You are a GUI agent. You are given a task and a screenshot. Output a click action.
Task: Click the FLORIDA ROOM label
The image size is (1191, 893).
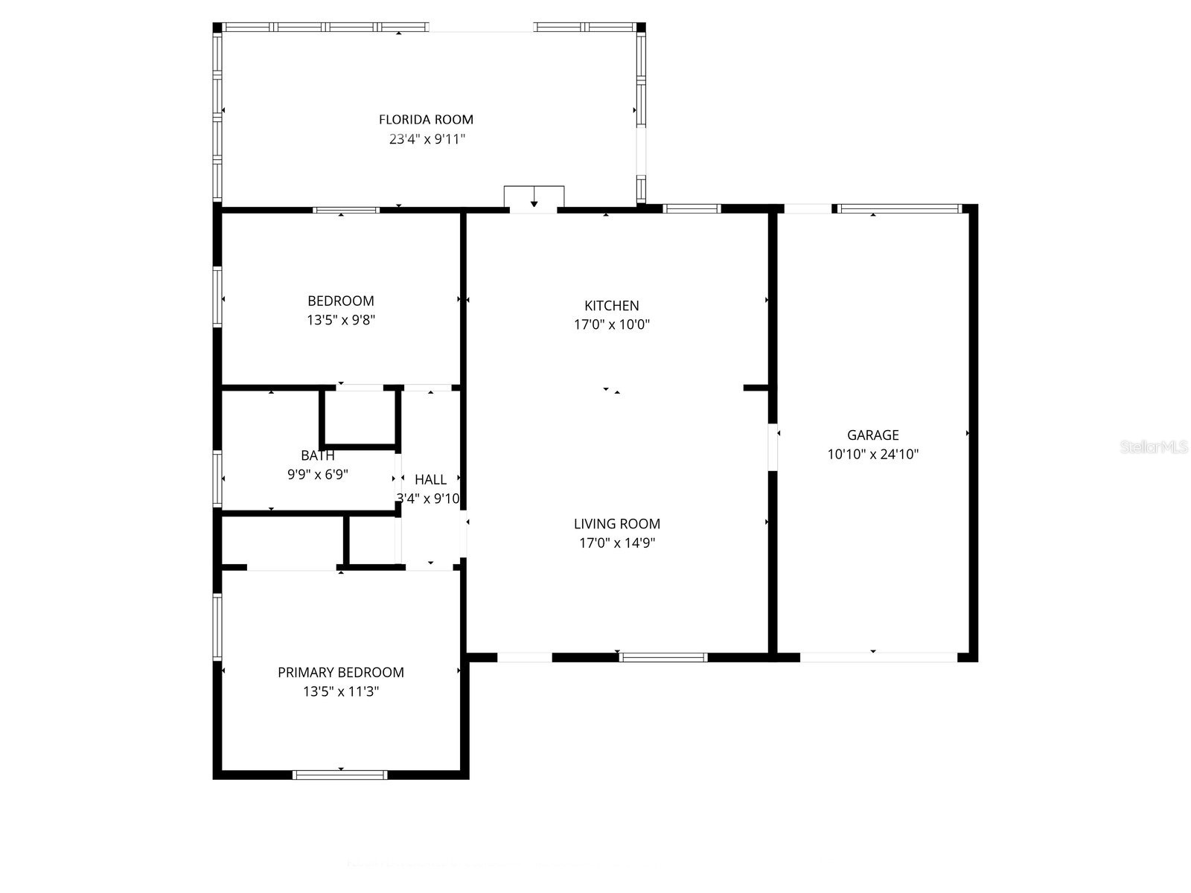426,119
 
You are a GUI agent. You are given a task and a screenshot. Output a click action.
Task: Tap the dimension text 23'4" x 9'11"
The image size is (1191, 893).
427,139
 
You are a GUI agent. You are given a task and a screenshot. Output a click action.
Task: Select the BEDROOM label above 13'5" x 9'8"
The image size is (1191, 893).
341,301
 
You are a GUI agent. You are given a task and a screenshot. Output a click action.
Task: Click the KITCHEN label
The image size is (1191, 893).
611,305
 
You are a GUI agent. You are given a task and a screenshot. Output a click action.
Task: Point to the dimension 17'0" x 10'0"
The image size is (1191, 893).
612,324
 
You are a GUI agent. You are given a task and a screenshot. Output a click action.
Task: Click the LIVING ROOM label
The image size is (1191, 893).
617,524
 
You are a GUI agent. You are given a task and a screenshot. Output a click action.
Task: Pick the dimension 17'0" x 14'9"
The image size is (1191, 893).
617,543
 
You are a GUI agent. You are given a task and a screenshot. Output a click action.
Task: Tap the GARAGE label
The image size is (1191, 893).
872,435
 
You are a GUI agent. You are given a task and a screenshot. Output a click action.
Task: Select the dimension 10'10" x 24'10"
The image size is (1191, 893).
872,454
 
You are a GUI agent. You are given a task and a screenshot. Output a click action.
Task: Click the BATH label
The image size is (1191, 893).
318,455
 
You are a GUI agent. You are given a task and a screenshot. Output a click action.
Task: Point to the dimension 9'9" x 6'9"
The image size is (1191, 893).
318,474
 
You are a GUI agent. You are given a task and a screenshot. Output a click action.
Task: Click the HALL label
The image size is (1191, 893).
431,480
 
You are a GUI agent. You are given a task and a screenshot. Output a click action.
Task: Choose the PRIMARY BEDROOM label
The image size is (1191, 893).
341,672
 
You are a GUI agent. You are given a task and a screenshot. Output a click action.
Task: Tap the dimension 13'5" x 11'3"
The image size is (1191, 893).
341,691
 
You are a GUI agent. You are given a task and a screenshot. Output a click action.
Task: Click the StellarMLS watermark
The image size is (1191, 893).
1155,447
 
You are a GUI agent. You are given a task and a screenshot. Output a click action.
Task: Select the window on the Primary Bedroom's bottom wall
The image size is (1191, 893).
340,775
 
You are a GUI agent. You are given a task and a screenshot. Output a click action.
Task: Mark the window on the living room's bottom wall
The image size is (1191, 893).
663,657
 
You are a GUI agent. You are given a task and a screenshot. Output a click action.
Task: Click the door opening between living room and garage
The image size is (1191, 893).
773,447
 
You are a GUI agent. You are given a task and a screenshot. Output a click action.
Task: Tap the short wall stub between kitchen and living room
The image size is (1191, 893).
755,388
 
